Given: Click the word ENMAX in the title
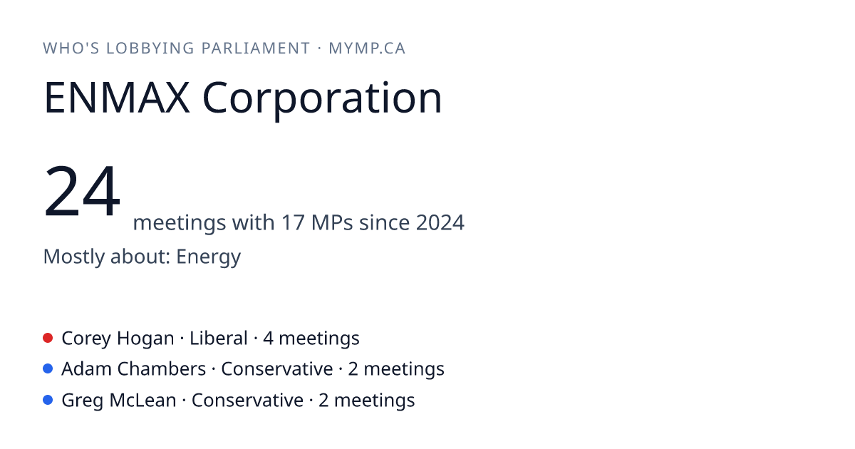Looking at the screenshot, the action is (x=117, y=98).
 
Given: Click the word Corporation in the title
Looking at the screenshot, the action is (x=322, y=100).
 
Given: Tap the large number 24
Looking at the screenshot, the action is (x=82, y=190).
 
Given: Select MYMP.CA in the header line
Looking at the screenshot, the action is (x=367, y=48).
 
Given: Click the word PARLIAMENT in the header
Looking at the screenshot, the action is (x=256, y=48).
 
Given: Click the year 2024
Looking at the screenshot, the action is (x=440, y=222).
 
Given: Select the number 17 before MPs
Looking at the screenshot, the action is (x=293, y=222).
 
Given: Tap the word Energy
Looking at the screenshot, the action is (x=208, y=257).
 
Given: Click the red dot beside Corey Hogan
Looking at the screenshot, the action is (x=48, y=338).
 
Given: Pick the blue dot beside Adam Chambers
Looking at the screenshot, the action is (x=48, y=368).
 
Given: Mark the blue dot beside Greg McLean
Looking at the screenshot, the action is (x=48, y=400).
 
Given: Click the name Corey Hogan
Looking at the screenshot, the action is (x=118, y=339).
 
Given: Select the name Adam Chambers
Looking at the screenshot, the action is (x=134, y=369).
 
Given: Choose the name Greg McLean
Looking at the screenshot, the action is (x=119, y=401).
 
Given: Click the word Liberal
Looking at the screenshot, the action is (x=219, y=339).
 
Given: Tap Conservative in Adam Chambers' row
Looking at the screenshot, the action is (x=277, y=369).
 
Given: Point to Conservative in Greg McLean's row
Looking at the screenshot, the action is (x=247, y=400).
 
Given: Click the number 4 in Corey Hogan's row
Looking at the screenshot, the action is (x=269, y=339).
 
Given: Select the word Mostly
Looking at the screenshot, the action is (x=74, y=257).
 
